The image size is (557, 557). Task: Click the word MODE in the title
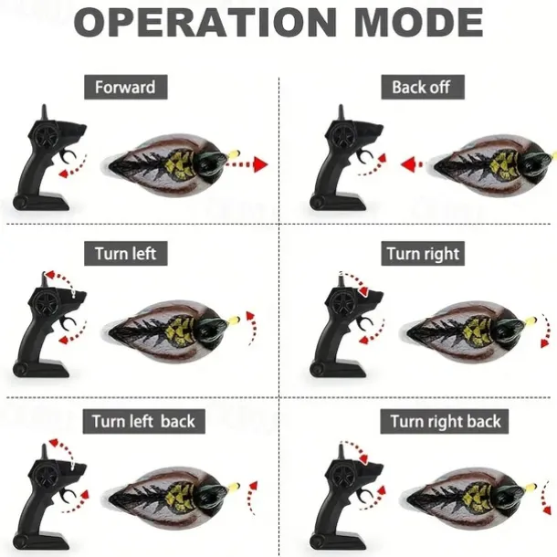[x=418, y=22]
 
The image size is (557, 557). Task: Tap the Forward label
[x=125, y=87]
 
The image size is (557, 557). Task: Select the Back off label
[x=423, y=87]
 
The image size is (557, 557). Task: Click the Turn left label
[x=125, y=254]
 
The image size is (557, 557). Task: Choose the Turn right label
[x=423, y=254]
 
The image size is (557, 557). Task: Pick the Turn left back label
[x=144, y=421]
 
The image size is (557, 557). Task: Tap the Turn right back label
[x=445, y=421]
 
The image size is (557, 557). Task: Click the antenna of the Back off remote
[x=341, y=113]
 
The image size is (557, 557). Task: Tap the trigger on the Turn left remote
[x=68, y=323]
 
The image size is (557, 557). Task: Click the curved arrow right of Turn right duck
[x=545, y=331]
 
